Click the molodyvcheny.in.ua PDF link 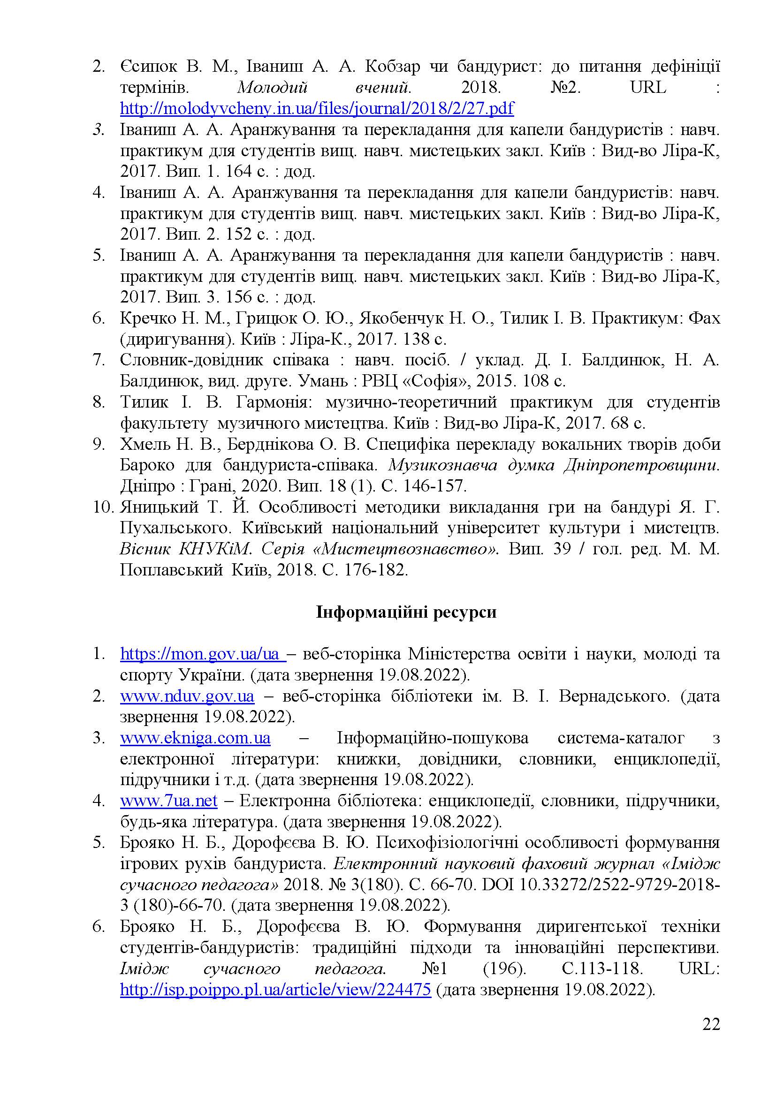click(316, 108)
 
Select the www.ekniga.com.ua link click(195, 738)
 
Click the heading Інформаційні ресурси click(406, 612)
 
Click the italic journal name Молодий click(273, 87)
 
